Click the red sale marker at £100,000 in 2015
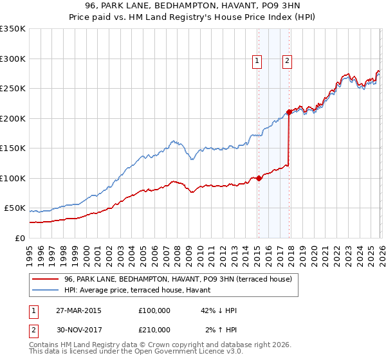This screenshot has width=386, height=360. [x=259, y=178]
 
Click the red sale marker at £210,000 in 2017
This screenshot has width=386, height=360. [x=289, y=112]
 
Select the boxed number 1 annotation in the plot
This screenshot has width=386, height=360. [x=257, y=61]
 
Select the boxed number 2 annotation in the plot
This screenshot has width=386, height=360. [x=287, y=61]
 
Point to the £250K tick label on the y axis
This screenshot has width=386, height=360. [x=13, y=89]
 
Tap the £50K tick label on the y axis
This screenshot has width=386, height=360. [x=15, y=208]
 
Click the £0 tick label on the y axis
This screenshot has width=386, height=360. [x=20, y=239]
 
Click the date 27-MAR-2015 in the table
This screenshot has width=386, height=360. [x=78, y=310]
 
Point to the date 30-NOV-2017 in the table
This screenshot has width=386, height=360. [x=78, y=330]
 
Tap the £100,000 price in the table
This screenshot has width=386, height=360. [x=154, y=310]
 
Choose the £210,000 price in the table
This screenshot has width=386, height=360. [x=154, y=330]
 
